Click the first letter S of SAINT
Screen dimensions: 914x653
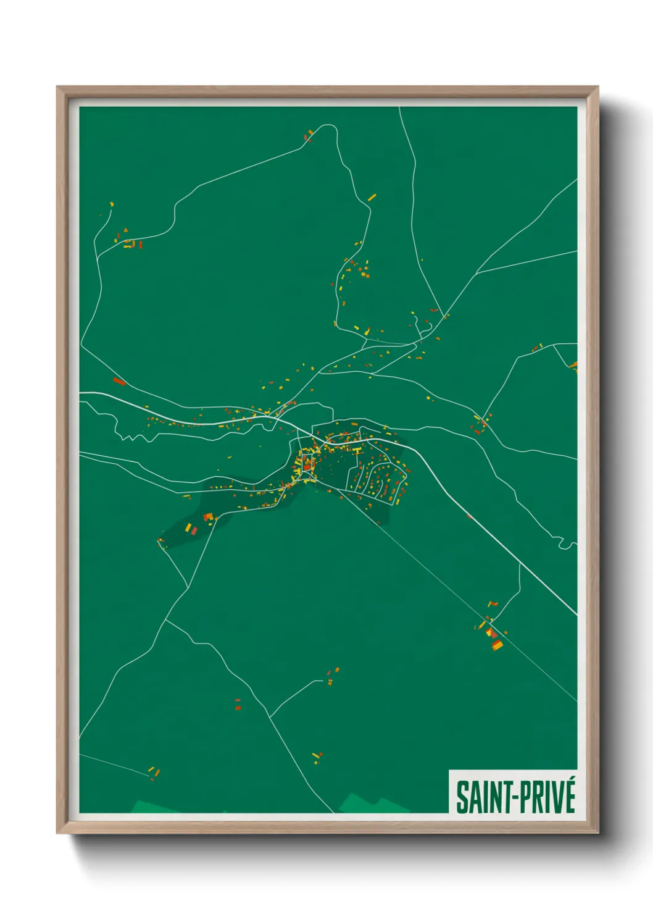tap(461, 797)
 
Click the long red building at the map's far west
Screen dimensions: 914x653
tap(119, 382)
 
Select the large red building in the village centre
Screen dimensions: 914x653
tap(307, 467)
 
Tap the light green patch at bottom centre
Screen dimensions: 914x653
tap(367, 804)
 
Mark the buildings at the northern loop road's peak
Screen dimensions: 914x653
tap(309, 135)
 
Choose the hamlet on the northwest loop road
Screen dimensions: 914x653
tap(131, 243)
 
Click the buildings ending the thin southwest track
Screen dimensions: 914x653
tap(154, 772)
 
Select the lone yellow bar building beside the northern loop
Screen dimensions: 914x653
tap(372, 198)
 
